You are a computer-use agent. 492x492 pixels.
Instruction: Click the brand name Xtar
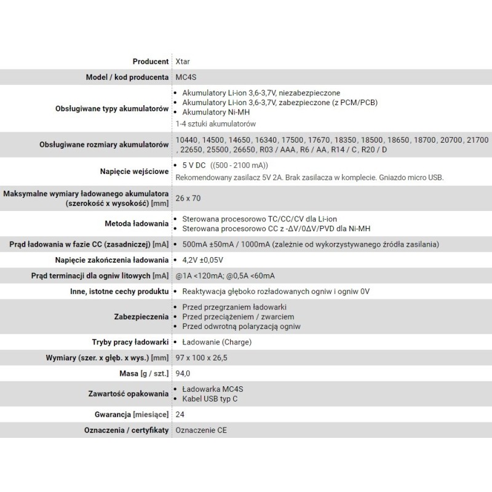pyautogui.click(x=183, y=61)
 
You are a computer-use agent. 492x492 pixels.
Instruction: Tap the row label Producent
pyautogui.click(x=150, y=61)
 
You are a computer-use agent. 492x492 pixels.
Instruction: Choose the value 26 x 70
pyautogui.click(x=188, y=199)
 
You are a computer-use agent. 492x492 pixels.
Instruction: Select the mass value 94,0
pyautogui.click(x=183, y=373)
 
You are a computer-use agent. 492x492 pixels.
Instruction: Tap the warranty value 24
pyautogui.click(x=180, y=415)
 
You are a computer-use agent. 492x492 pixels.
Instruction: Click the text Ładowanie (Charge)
pyautogui.click(x=217, y=342)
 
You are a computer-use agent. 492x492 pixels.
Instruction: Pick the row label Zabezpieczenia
pyautogui.click(x=141, y=317)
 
